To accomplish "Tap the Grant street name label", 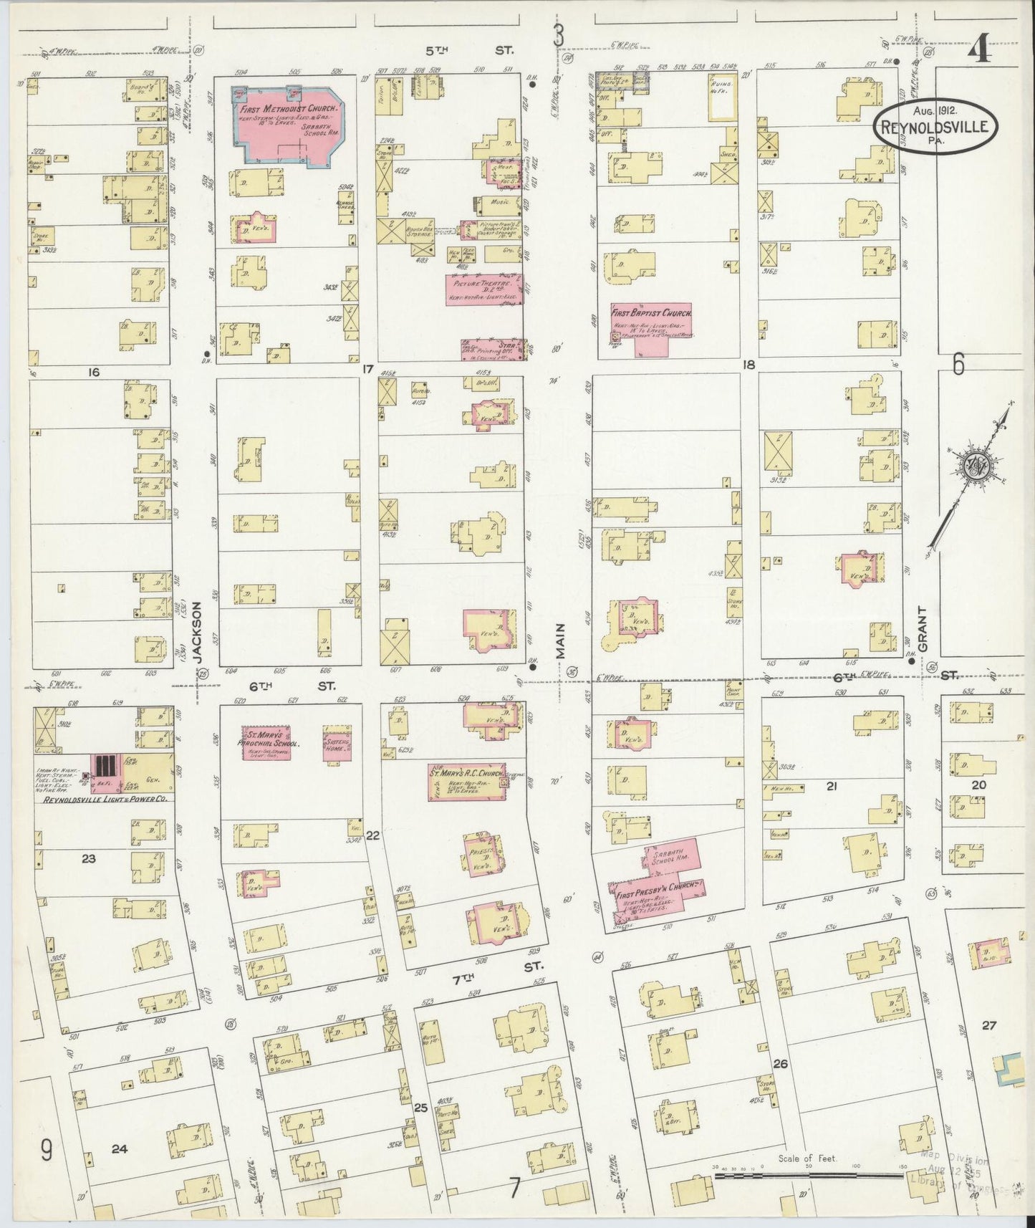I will [923, 629].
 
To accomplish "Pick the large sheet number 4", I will [979, 52].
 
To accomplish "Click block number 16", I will [92, 371].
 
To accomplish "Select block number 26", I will [780, 1063].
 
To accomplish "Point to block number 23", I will [89, 858].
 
